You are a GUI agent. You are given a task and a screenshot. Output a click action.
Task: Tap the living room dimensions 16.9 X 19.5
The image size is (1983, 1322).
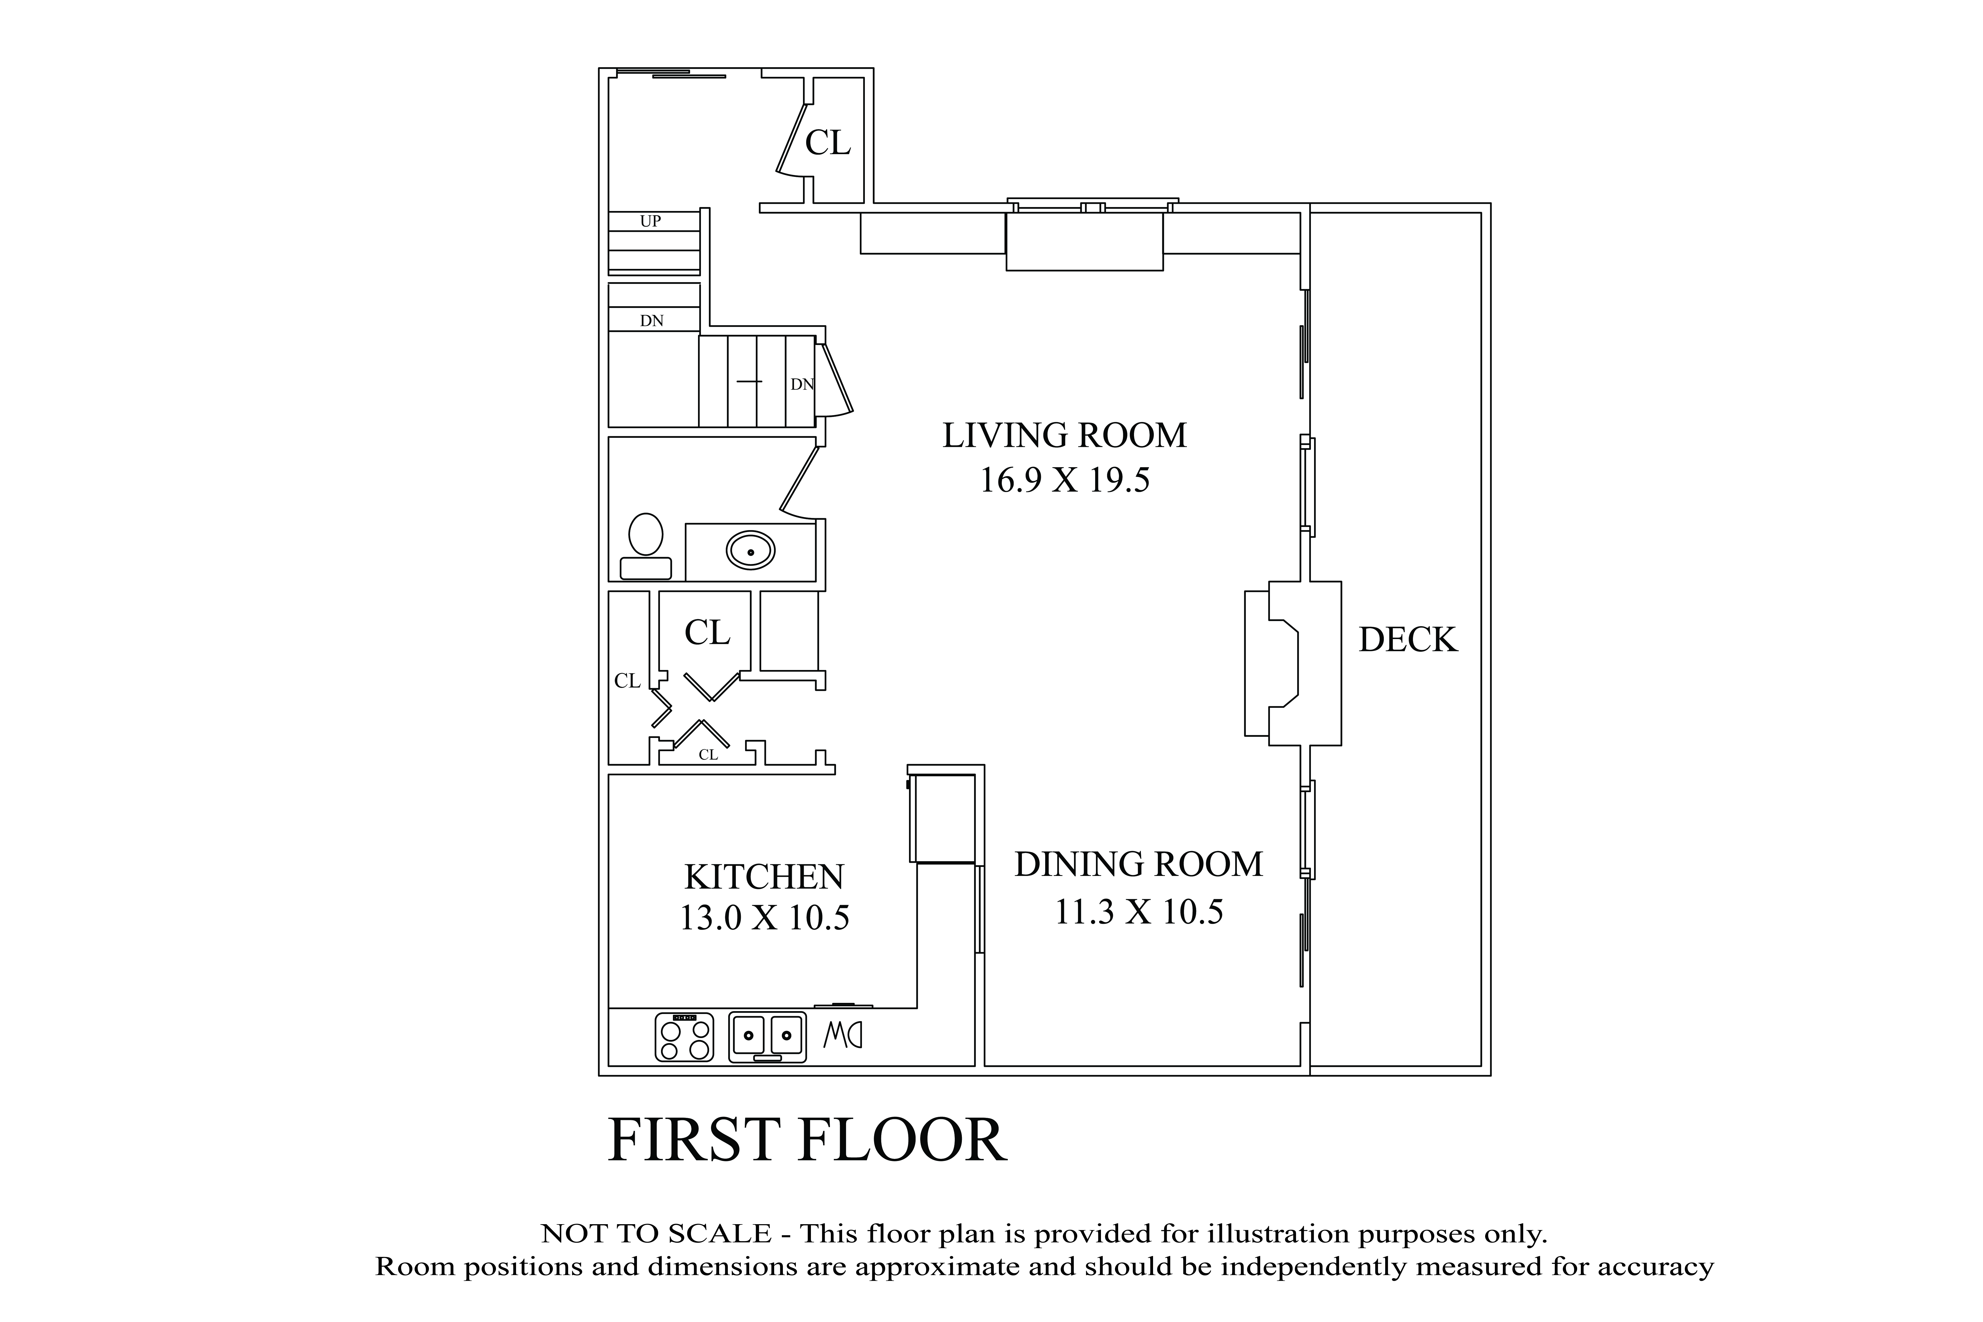(x=1064, y=481)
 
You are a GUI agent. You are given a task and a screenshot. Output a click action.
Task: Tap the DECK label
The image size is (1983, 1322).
(x=1407, y=640)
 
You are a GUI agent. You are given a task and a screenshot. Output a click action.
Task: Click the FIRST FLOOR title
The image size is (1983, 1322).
(x=807, y=1141)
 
